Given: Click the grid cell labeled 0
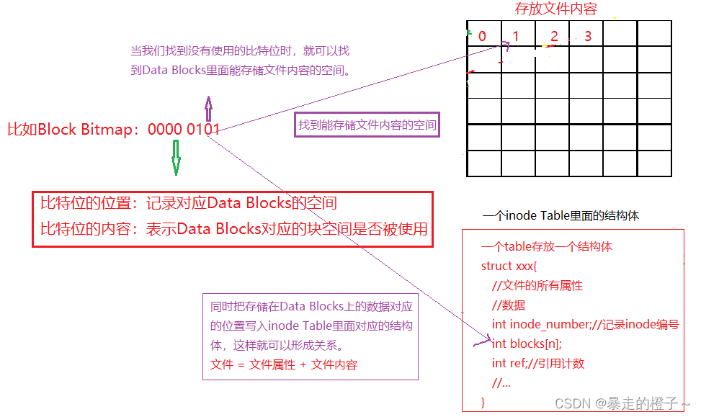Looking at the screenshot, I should tap(483, 35).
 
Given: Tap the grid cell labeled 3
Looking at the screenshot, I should tap(587, 35).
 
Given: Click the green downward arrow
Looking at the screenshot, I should tap(175, 158).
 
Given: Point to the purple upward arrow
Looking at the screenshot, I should tap(209, 109).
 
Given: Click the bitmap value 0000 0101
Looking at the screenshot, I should tap(184, 130).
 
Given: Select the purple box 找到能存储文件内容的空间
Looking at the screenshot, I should tap(367, 125).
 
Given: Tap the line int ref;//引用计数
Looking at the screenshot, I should tap(538, 363).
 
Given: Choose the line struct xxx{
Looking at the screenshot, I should tap(507, 266).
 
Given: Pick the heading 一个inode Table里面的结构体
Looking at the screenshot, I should tap(561, 215).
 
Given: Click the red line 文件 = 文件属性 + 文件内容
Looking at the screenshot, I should tap(284, 364).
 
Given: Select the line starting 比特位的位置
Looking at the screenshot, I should tap(188, 204).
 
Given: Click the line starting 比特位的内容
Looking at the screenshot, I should tap(233, 229).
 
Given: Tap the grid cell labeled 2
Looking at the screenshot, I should tap(553, 35).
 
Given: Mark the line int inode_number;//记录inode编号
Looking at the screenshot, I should tap(585, 324).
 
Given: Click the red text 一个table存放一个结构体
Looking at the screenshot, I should tap(547, 246).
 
